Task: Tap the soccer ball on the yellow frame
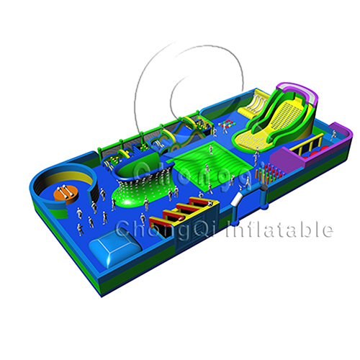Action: click(x=210, y=204)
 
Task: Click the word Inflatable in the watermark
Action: click(x=279, y=230)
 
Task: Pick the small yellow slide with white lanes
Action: click(x=253, y=105)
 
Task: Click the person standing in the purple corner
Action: click(x=333, y=135)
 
